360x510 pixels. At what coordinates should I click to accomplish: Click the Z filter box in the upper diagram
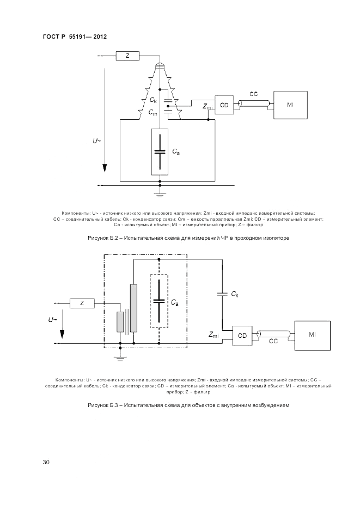pyautogui.click(x=127, y=56)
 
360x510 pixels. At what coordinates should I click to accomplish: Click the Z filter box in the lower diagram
pyautogui.click(x=82, y=303)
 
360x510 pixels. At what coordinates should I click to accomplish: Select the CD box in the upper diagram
pyautogui.click(x=224, y=105)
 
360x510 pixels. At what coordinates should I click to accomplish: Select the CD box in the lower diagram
pyautogui.click(x=242, y=336)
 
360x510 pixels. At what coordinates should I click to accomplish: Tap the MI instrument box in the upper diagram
pyautogui.click(x=290, y=105)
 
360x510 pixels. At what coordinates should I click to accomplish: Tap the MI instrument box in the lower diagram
pyautogui.click(x=312, y=335)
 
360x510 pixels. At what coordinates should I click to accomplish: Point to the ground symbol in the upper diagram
pyautogui.click(x=160, y=195)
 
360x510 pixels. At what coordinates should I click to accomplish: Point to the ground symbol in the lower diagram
pyautogui.click(x=120, y=357)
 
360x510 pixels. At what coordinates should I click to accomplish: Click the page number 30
pyautogui.click(x=46, y=462)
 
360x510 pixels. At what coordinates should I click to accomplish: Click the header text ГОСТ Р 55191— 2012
pyautogui.click(x=75, y=37)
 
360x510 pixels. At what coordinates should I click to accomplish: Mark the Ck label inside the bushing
pyautogui.click(x=154, y=100)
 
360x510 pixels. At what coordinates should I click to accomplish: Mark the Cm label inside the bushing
pyautogui.click(x=153, y=113)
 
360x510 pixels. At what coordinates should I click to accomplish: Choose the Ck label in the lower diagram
pyautogui.click(x=235, y=294)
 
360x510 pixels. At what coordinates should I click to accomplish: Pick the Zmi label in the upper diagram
pyautogui.click(x=208, y=106)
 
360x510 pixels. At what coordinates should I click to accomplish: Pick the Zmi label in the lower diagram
pyautogui.click(x=213, y=334)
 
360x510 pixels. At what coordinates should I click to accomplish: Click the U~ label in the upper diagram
pyautogui.click(x=96, y=141)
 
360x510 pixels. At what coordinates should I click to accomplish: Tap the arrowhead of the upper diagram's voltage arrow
pyautogui.click(x=105, y=167)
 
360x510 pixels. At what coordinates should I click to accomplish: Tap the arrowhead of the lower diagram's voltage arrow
pyautogui.click(x=62, y=335)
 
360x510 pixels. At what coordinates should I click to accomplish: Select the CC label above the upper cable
pyautogui.click(x=254, y=94)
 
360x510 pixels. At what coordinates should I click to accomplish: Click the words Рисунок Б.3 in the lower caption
pyautogui.click(x=102, y=405)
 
